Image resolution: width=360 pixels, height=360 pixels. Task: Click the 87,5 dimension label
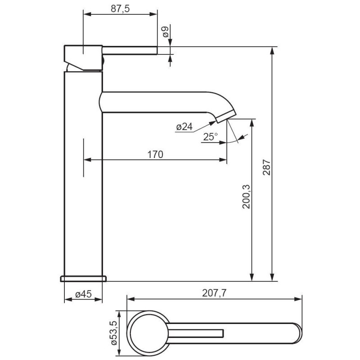120,9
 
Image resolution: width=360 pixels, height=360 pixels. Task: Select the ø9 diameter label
166,32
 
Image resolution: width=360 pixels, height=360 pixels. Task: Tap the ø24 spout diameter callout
184,127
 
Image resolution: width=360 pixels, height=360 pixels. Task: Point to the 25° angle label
210,137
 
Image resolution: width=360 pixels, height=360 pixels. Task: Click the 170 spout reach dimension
155,154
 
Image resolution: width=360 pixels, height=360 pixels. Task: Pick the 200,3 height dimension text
246,197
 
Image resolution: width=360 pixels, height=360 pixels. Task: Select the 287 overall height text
266,167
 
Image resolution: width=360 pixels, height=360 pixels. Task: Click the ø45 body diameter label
83,294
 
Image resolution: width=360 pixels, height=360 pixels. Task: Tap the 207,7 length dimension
214,293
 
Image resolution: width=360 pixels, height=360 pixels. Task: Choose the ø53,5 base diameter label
114,333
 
